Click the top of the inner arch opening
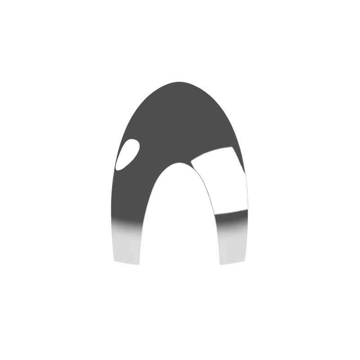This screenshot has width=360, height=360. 178,163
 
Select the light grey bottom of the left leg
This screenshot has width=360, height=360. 126,245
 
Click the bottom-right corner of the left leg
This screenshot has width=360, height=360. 140,265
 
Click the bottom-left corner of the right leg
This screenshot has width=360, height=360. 220,265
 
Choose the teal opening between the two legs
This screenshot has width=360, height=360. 180,225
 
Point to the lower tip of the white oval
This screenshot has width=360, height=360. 118,169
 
